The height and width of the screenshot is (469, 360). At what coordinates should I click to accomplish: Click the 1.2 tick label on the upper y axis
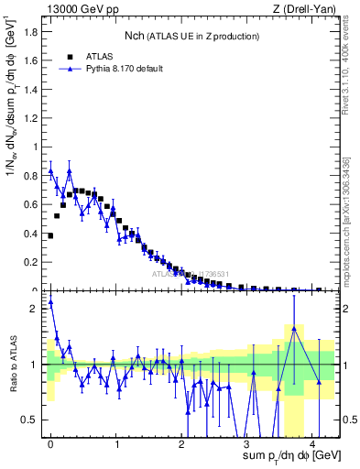click(x=34, y=117)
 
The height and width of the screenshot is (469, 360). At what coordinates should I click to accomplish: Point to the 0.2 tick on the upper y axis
click(x=34, y=262)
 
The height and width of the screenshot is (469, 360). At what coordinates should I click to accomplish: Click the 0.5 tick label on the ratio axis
click(x=34, y=420)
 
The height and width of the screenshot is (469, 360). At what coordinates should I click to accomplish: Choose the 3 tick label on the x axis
click(x=247, y=444)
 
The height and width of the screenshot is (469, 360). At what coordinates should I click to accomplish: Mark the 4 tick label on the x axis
click(x=313, y=444)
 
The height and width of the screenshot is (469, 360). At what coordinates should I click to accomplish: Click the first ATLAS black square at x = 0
click(x=50, y=235)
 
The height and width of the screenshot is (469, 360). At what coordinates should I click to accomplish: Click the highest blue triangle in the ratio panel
click(x=50, y=301)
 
